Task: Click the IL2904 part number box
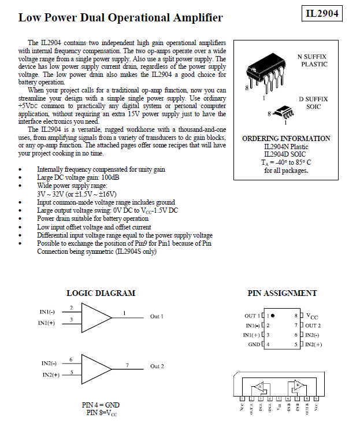tap(322, 13)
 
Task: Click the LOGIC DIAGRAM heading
tap(101, 293)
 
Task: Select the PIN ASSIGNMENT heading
tap(282, 293)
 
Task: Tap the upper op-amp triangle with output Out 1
tap(95, 316)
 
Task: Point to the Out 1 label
tap(157, 316)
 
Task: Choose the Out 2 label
tap(157, 367)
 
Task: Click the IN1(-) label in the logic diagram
tap(47, 312)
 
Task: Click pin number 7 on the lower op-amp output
tap(127, 363)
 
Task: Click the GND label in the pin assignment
tap(254, 344)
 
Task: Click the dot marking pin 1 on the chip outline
tap(272, 316)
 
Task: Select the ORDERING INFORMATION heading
tap(286, 139)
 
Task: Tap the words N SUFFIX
tap(311, 57)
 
